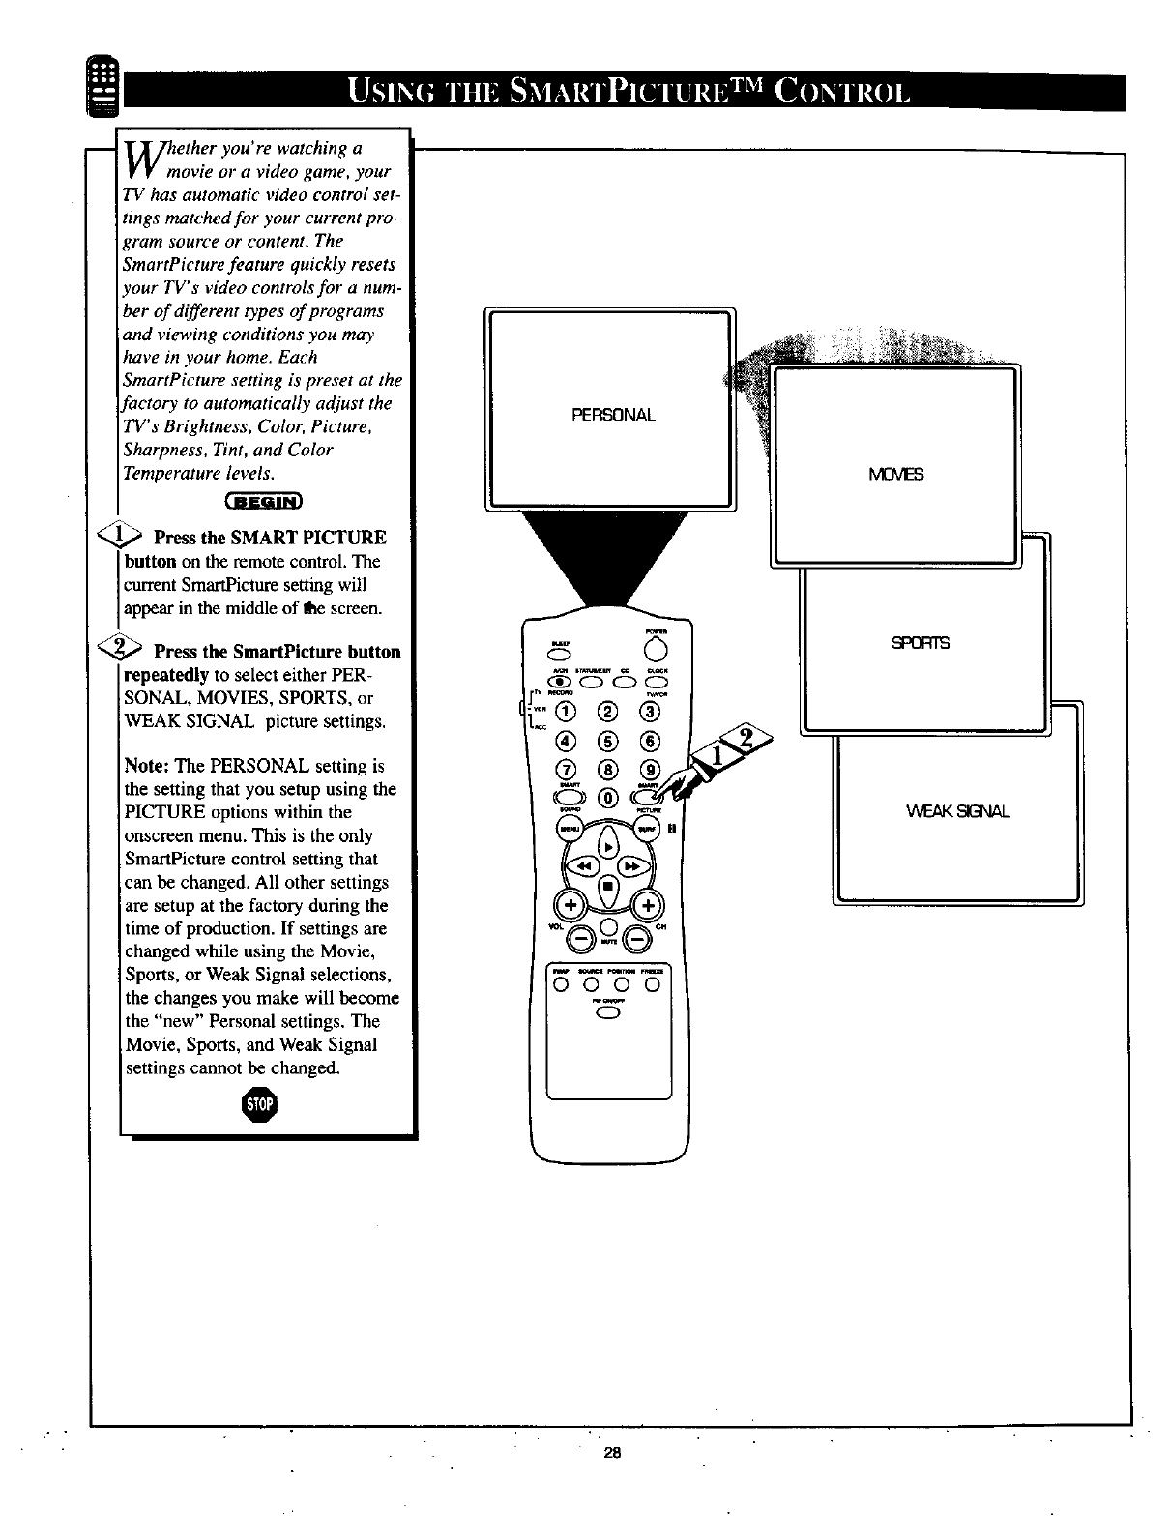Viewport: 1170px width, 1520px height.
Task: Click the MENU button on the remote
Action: (x=565, y=830)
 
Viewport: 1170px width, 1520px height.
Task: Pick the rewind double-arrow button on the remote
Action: (x=585, y=867)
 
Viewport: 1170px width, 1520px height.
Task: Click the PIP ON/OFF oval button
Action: (x=608, y=1013)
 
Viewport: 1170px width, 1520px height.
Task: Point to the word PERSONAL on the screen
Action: (x=613, y=415)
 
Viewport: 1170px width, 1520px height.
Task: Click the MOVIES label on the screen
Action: (x=896, y=474)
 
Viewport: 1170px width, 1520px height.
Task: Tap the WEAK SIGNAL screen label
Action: (x=959, y=810)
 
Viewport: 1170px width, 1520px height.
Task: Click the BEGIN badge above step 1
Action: (x=263, y=500)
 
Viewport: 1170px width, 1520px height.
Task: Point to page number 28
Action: (x=611, y=1452)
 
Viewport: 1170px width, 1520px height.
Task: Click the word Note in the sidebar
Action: (x=147, y=766)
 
